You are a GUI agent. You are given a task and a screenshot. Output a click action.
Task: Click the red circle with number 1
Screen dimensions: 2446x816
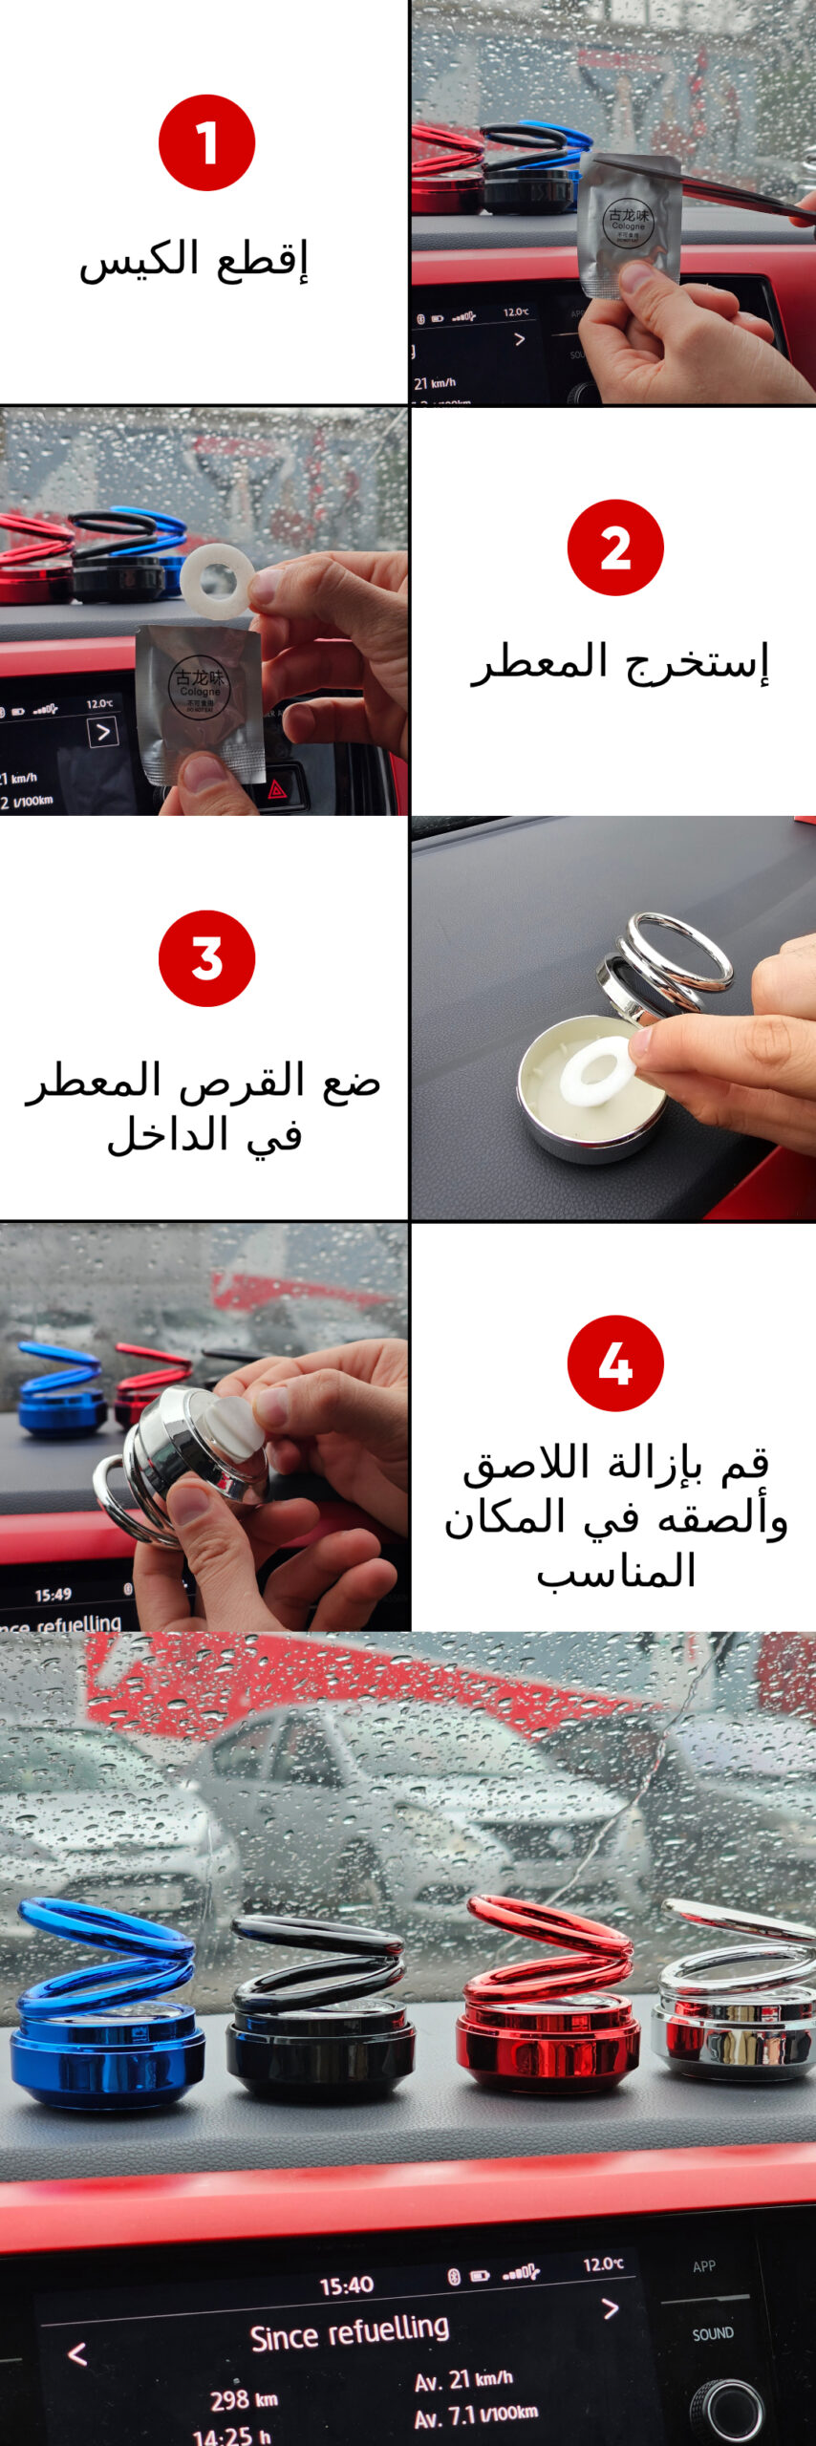tap(206, 142)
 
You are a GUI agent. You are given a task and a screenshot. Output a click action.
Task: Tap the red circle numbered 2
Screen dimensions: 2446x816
tap(614, 547)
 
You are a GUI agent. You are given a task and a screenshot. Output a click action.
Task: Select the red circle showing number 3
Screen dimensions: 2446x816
tap(206, 957)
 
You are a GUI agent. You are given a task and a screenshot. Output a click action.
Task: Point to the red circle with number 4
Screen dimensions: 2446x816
tap(614, 1362)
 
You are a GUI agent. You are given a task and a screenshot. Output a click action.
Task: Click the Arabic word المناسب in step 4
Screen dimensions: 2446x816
tap(616, 1572)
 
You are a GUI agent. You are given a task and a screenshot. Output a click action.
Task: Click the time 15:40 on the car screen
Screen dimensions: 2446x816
tap(346, 2285)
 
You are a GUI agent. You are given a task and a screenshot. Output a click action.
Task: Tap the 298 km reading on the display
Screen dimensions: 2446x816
tap(244, 2399)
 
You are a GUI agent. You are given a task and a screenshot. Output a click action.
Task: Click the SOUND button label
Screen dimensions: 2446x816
tap(713, 2333)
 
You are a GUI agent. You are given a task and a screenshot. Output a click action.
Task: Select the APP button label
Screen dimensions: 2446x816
tap(704, 2265)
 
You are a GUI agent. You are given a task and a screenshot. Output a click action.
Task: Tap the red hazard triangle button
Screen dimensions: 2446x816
tap(277, 789)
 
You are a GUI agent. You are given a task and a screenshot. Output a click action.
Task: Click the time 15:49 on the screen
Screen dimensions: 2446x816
tap(54, 1595)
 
